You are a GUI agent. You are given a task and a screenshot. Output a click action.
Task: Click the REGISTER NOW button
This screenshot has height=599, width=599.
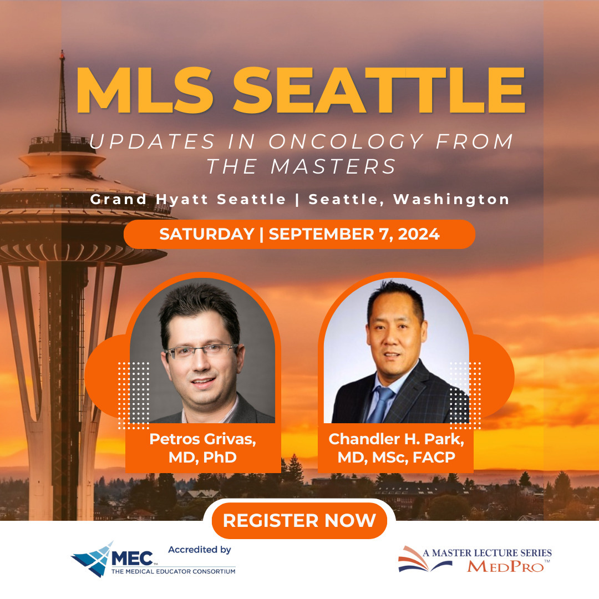(299, 520)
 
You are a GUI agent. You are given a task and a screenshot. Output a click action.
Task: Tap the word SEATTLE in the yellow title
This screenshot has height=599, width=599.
(379, 90)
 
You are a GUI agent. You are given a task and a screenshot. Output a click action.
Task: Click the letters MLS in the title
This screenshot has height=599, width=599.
(145, 90)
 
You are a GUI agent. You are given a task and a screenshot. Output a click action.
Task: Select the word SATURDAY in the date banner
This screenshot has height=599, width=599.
(207, 234)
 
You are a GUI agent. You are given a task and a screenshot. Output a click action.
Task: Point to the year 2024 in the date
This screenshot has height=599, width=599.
(419, 234)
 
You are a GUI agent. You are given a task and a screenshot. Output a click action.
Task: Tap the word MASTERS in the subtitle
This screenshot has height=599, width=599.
(333, 166)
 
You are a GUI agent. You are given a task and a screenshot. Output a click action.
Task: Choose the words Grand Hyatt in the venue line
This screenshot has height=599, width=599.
(149, 200)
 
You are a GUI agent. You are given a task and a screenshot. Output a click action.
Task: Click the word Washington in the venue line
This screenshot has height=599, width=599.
(451, 200)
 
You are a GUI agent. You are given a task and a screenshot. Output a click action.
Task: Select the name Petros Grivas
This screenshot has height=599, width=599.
(202, 439)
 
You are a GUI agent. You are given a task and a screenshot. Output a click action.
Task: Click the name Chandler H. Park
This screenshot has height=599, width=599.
(396, 439)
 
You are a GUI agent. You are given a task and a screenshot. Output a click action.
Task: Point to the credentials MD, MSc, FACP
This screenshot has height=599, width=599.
(396, 457)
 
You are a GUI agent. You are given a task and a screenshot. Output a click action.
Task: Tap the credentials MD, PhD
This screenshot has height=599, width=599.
(202, 457)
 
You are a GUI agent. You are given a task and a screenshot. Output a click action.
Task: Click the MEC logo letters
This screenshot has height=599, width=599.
(132, 559)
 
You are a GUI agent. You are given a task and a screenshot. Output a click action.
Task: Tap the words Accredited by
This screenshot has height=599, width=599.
(200, 549)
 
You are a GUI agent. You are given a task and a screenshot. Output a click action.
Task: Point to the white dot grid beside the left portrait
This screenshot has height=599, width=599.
(133, 395)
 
